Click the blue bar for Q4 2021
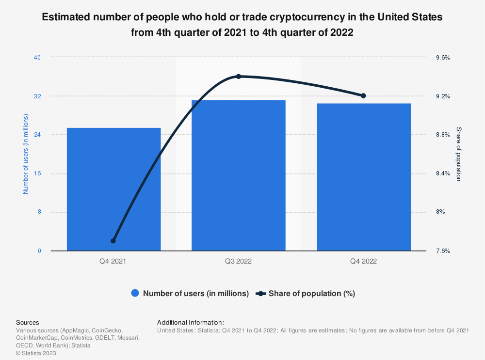point(113,189)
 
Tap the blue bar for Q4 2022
point(363,177)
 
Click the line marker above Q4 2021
point(113,241)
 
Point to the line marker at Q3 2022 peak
point(238,77)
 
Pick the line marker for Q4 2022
point(363,95)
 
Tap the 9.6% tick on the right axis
point(443,58)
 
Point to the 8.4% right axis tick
point(443,173)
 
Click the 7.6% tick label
point(443,251)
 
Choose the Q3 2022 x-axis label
point(238,261)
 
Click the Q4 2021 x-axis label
point(113,261)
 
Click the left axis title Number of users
point(26,154)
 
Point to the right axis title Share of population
point(458,154)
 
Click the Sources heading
point(28,322)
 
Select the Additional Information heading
point(191,322)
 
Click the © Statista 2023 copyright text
point(36,353)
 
